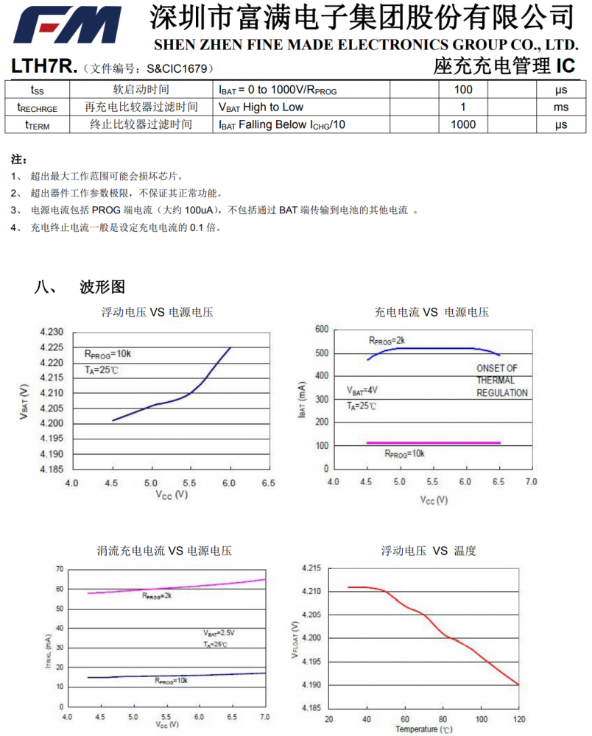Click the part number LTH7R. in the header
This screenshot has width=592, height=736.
tap(44, 67)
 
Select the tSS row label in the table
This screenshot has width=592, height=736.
tap(37, 90)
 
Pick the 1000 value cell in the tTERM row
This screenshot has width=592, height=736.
tap(463, 124)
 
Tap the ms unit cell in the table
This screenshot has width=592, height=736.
tap(561, 107)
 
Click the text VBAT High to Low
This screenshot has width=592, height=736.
tap(261, 107)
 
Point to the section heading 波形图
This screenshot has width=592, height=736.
tap(102, 286)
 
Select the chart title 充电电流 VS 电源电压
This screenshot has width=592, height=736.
tap(431, 312)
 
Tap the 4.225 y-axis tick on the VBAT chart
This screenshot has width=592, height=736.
tap(52, 347)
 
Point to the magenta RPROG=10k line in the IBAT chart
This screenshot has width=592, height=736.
tap(434, 442)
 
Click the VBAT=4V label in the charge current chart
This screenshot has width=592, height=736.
tap(362, 390)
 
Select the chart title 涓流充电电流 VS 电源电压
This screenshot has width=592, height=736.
tap(164, 551)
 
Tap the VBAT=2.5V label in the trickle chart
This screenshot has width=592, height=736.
tap(219, 633)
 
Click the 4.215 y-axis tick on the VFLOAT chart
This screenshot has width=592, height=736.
tap(311, 567)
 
